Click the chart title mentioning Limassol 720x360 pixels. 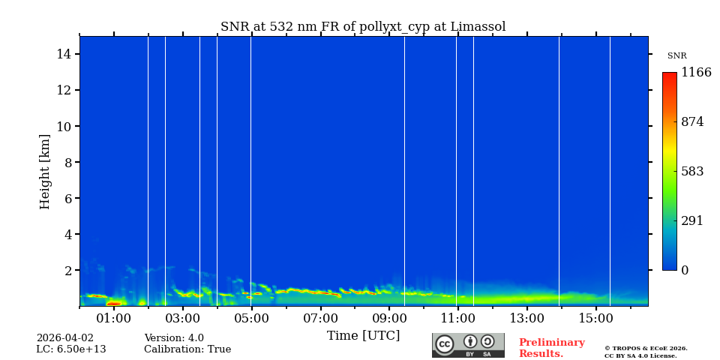(363, 27)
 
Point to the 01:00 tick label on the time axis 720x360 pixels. (114, 318)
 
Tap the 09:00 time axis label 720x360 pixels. (389, 318)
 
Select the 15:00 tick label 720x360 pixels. (596, 318)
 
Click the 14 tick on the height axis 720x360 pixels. (63, 54)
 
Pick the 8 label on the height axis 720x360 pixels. (67, 162)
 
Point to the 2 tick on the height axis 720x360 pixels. (67, 270)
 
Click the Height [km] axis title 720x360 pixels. (45, 171)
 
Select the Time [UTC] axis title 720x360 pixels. (363, 335)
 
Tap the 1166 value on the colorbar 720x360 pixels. (696, 73)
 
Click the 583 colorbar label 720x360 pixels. (692, 171)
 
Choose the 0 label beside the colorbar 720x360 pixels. (685, 271)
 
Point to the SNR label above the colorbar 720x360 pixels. (676, 56)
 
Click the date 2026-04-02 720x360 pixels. (65, 338)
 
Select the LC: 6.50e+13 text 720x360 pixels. (71, 349)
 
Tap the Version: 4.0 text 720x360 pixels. (174, 338)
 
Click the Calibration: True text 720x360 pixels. (187, 349)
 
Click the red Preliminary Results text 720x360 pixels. (551, 348)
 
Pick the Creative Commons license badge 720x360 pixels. (468, 345)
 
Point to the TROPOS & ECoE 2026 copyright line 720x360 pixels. (646, 348)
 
